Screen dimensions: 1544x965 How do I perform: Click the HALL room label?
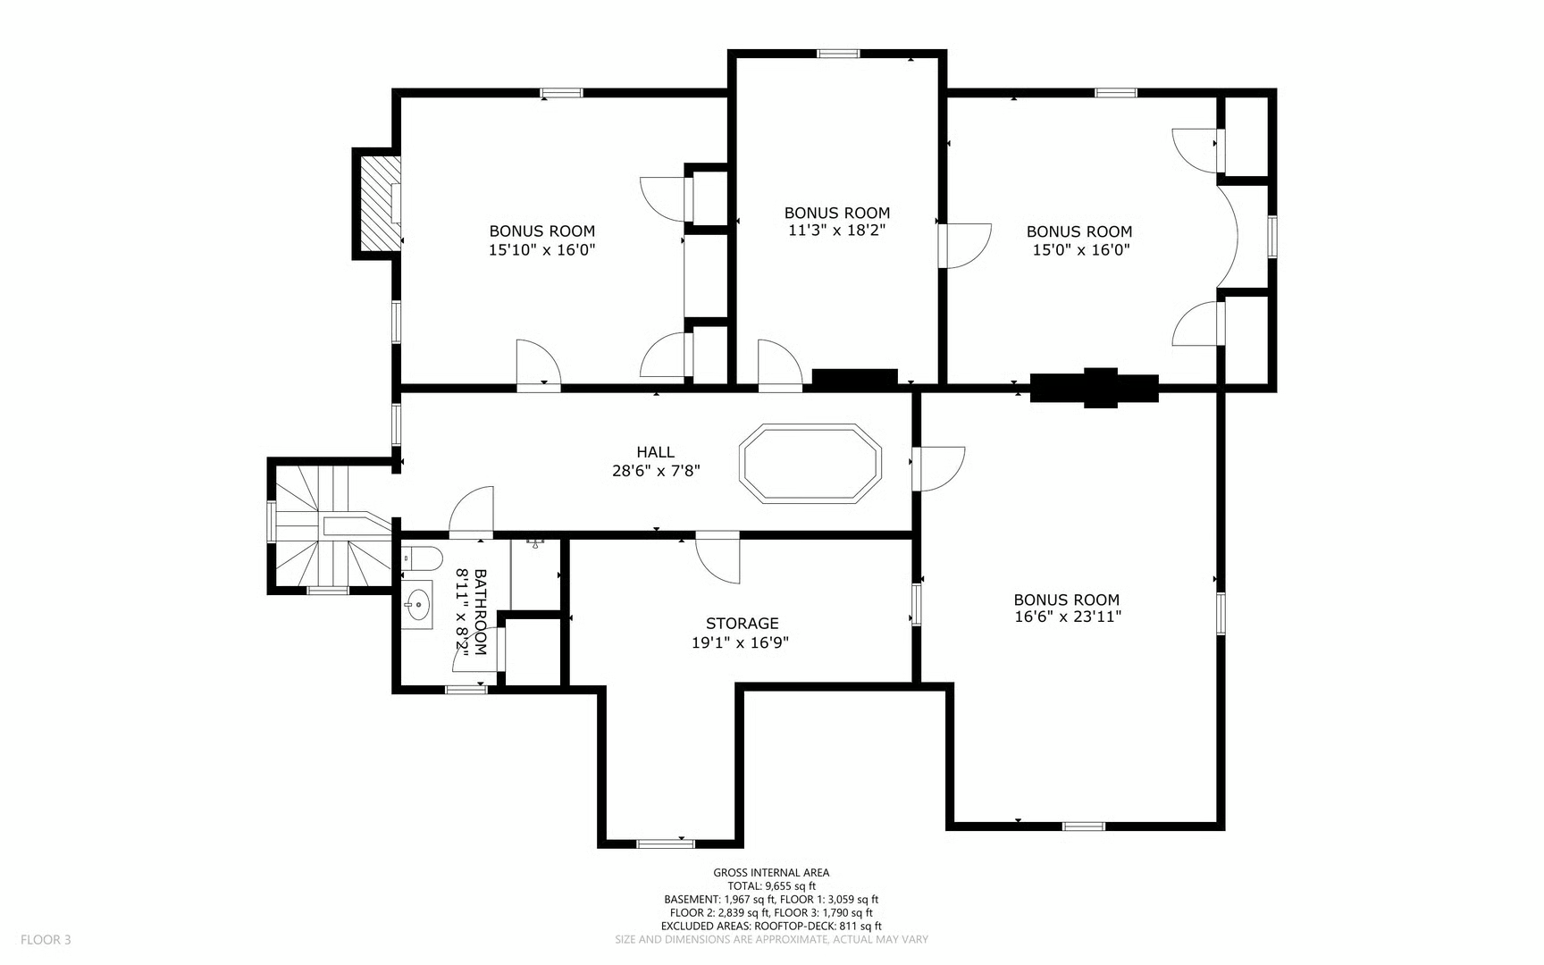[x=655, y=452]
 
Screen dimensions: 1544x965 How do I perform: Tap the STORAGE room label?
[x=742, y=624]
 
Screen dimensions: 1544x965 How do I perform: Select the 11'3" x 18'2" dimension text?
[x=837, y=231]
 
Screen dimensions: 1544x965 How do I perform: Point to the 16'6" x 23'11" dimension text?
[x=1066, y=617]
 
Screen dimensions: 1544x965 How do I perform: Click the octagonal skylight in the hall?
[x=810, y=463]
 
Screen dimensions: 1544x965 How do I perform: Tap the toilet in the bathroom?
[x=422, y=558]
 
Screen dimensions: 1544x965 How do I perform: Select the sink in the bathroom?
[x=416, y=604]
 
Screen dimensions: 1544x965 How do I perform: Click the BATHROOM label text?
[x=480, y=613]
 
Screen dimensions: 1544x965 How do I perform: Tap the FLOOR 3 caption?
[x=46, y=939]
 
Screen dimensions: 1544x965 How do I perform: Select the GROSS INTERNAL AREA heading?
[x=771, y=873]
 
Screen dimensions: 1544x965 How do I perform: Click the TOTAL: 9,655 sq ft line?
[x=771, y=886]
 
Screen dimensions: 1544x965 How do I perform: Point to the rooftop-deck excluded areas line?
[x=771, y=926]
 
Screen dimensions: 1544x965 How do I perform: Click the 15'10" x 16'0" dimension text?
[x=541, y=250]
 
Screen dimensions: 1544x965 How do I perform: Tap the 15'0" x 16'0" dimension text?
[x=1081, y=250]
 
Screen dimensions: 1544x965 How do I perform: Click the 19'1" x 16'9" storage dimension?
[x=741, y=642]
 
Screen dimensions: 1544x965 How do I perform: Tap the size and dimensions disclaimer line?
[x=771, y=939]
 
